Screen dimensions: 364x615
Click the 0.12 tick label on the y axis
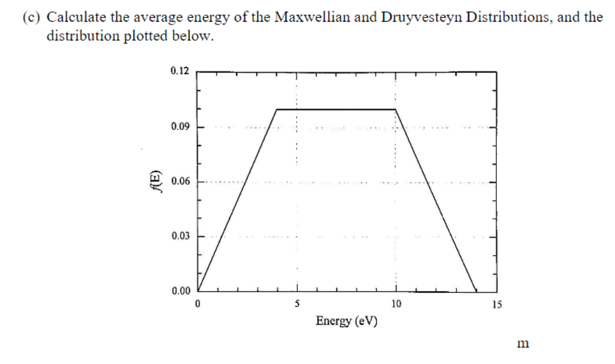(180, 71)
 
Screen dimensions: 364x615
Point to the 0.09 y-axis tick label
(180, 127)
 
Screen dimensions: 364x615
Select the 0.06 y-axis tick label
(180, 182)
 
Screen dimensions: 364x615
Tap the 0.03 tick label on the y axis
(180, 236)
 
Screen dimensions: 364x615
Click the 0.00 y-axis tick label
(180, 291)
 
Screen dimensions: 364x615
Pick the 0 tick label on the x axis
(198, 304)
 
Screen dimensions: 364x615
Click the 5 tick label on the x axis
(297, 304)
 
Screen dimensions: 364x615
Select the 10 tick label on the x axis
(396, 304)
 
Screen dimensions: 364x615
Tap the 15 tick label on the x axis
(496, 304)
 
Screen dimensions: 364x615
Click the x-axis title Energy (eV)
(346, 321)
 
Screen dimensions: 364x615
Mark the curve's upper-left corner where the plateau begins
(277, 109)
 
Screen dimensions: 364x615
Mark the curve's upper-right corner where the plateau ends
(396, 109)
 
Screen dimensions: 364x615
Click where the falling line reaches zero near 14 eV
(476, 290)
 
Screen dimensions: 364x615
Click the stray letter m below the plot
(523, 344)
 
